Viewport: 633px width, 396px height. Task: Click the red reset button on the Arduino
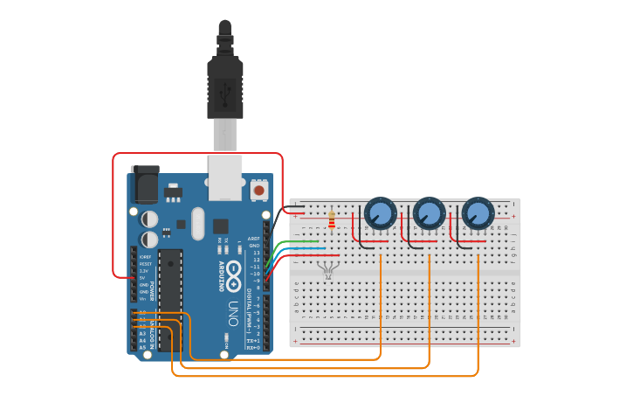pos(258,189)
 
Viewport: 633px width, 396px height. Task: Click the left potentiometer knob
pos(380,212)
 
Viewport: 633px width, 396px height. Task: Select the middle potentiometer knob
pos(429,212)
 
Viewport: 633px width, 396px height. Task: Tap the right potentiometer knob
pos(478,212)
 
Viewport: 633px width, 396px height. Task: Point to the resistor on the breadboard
pos(331,219)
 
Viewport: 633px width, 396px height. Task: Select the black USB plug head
pos(224,87)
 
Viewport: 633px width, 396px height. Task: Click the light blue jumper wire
pos(297,249)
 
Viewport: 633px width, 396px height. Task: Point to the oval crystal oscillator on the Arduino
pos(196,223)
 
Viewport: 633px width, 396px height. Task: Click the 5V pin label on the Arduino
pos(142,277)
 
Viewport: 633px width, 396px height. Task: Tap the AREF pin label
pos(254,238)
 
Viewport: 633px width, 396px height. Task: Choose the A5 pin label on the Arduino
pos(142,347)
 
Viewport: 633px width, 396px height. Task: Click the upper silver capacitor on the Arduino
pos(150,218)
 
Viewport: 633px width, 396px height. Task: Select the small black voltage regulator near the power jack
pos(173,189)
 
